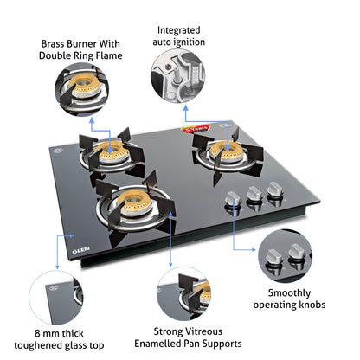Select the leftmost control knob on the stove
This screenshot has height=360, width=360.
pyautogui.click(x=232, y=200)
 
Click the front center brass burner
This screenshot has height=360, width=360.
pyautogui.click(x=132, y=204)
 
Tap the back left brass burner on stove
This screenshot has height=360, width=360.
pyautogui.click(x=111, y=152)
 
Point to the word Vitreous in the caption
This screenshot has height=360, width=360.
pyautogui.click(x=203, y=331)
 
